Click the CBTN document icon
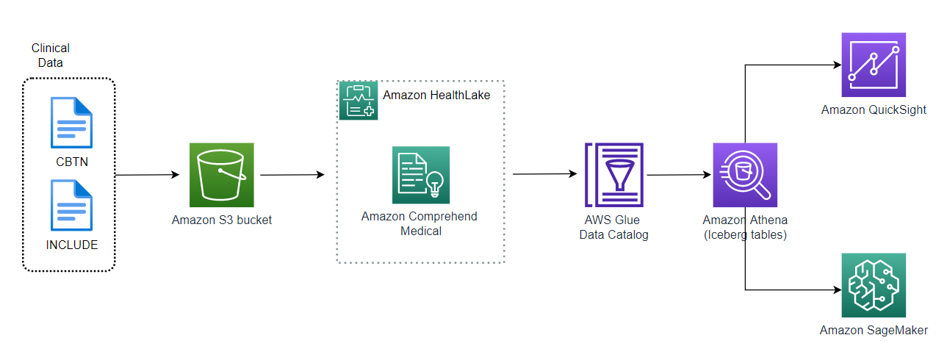(71, 123)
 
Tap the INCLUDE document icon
(71, 205)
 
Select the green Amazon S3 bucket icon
(222, 175)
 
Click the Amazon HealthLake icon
(358, 101)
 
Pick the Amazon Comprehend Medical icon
(420, 175)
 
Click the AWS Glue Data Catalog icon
(613, 174)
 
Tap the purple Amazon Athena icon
(745, 175)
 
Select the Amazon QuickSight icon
(874, 65)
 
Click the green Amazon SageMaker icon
(874, 285)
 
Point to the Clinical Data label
(51, 55)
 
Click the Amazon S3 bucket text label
(222, 220)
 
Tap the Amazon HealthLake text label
(436, 95)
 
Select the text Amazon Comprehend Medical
(420, 223)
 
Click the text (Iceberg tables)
(745, 234)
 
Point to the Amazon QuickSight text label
(874, 110)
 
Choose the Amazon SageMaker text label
(874, 331)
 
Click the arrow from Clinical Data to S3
(147, 175)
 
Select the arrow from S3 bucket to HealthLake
(292, 175)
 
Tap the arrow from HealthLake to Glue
(544, 174)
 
